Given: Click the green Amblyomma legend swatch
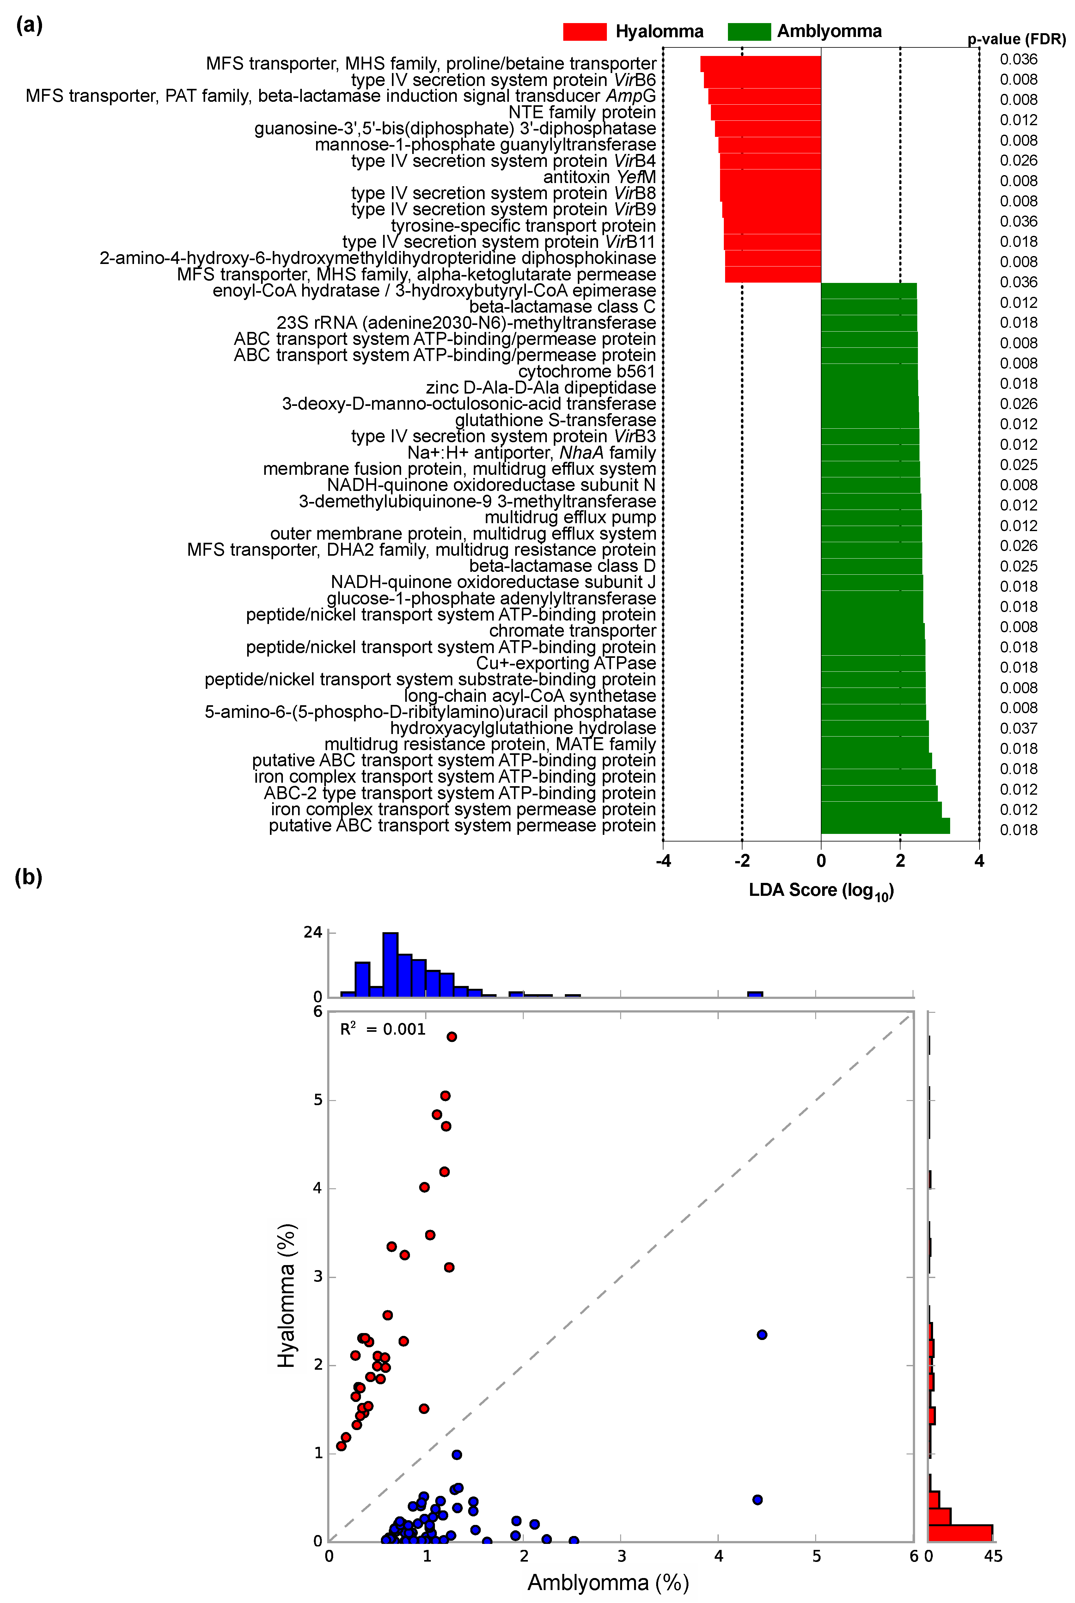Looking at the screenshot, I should [749, 32].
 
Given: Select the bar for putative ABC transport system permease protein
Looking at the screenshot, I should [884, 825].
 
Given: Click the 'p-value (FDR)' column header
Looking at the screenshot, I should [1016, 39].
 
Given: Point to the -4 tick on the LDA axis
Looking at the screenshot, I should [663, 861].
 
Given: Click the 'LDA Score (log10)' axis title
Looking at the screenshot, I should [821, 890].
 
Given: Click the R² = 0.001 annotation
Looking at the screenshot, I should [382, 1029].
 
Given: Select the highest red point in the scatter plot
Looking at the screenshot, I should [452, 1037].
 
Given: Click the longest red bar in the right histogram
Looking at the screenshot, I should [960, 1533].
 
